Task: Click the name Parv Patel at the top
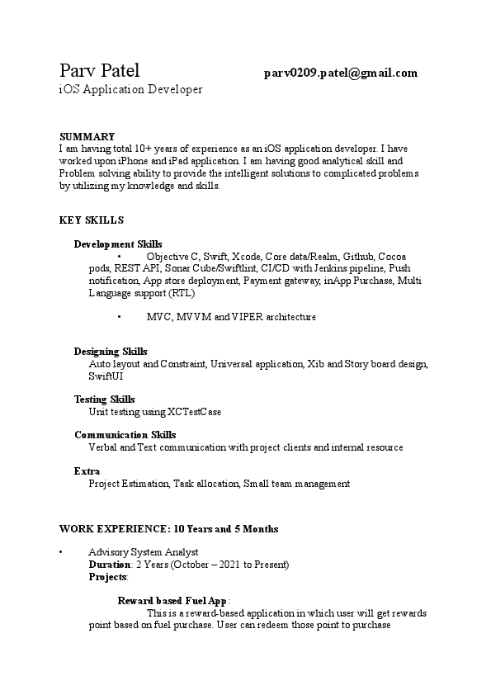coord(100,70)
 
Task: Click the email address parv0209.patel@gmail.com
coord(340,73)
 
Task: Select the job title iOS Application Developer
coord(130,88)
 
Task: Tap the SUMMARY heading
coord(87,136)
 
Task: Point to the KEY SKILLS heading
coord(92,220)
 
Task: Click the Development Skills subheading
coord(118,244)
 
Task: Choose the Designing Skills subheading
coord(111,352)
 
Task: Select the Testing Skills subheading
coord(104,400)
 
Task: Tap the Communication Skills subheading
coord(125,435)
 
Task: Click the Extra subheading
coord(87,471)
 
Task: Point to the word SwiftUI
coord(106,376)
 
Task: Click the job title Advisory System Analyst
coord(143,552)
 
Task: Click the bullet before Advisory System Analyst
coord(61,552)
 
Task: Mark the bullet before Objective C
coord(120,257)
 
